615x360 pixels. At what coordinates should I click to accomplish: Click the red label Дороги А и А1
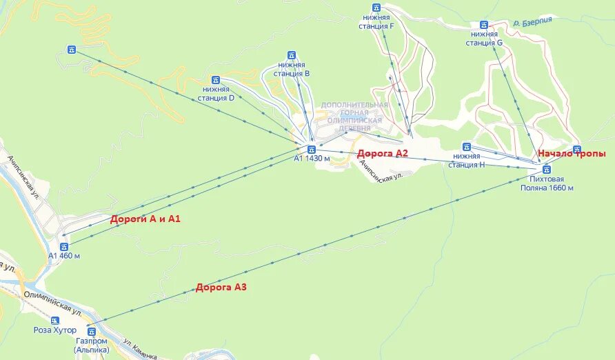click(145, 219)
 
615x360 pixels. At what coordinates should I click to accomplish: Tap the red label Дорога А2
click(383, 153)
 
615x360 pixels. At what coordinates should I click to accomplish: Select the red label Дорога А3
click(221, 287)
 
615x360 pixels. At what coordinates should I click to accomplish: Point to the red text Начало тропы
click(572, 154)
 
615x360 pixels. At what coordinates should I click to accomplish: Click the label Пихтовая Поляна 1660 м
click(547, 183)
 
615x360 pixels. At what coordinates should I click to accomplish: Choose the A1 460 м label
click(64, 256)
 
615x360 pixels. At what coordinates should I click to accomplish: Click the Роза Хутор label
click(55, 330)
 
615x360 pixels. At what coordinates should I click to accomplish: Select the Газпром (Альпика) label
click(92, 345)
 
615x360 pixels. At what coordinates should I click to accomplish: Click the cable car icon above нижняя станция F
click(376, 8)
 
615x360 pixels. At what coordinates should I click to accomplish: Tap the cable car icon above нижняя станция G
click(484, 24)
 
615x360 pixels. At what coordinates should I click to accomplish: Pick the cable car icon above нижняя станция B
click(292, 55)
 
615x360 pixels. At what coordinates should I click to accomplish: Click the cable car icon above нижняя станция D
click(216, 80)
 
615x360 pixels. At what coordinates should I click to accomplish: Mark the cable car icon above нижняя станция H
click(467, 146)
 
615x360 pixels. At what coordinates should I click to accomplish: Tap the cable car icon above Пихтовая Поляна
click(547, 169)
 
